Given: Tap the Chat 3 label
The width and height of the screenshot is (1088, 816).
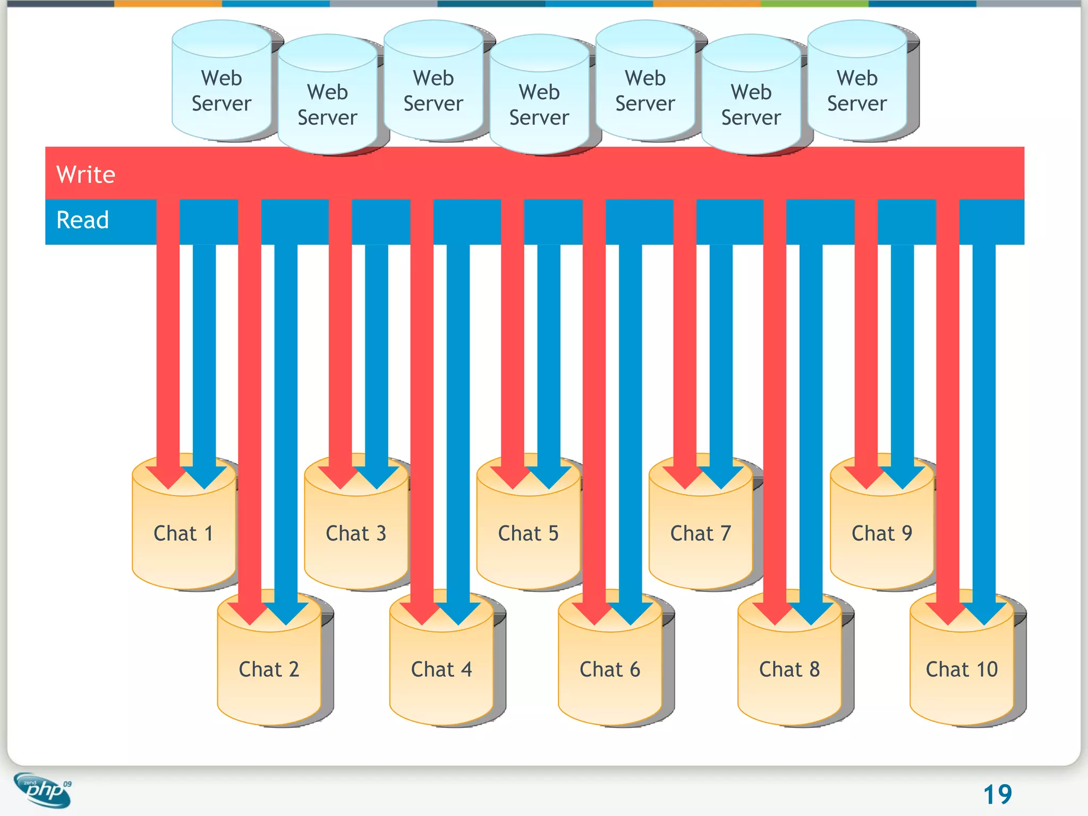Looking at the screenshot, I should click(x=356, y=533).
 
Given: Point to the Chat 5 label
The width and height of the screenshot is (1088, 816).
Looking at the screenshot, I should click(x=528, y=533).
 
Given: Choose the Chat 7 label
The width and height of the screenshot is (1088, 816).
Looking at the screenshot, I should click(x=700, y=533).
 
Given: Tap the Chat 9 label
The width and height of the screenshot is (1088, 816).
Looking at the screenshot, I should click(x=882, y=533).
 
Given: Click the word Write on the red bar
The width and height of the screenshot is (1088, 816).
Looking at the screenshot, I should click(x=86, y=174).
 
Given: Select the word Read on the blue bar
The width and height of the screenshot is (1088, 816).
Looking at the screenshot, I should click(x=82, y=220).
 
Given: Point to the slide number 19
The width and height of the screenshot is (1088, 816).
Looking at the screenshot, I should click(x=997, y=795).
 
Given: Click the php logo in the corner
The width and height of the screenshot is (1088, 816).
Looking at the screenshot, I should click(x=42, y=789).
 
